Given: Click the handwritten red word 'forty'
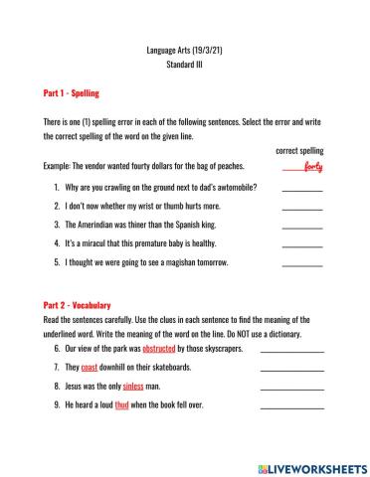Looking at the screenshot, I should pyautogui.click(x=311, y=165).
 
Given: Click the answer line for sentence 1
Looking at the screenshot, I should pyautogui.click(x=302, y=188).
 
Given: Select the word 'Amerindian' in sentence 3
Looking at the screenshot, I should pyautogui.click(x=100, y=225).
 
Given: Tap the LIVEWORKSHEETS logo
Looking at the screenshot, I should pyautogui.click(x=311, y=466).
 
